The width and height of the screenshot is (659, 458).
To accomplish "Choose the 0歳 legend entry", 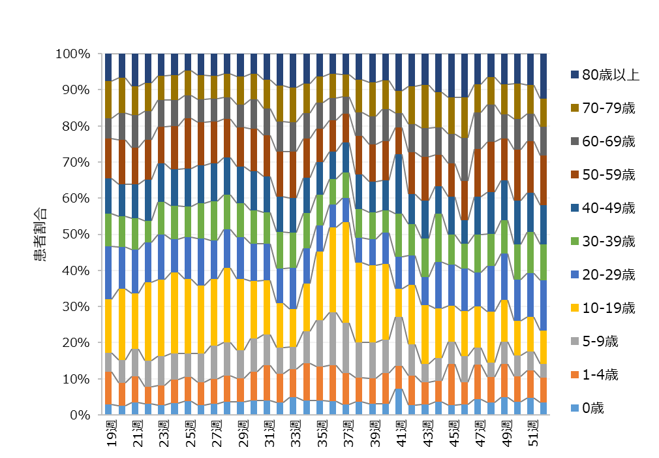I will click(x=593, y=408).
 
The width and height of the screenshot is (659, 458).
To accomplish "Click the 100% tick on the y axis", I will click(x=72, y=54).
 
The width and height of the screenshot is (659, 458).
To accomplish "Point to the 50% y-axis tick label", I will click(x=75, y=234).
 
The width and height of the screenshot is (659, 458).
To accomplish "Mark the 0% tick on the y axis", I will click(x=78, y=415).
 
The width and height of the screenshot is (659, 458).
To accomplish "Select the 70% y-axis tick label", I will click(x=75, y=162).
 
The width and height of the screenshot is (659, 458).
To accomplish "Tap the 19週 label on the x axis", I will click(x=112, y=435).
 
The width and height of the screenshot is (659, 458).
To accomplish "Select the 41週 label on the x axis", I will click(x=402, y=435).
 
